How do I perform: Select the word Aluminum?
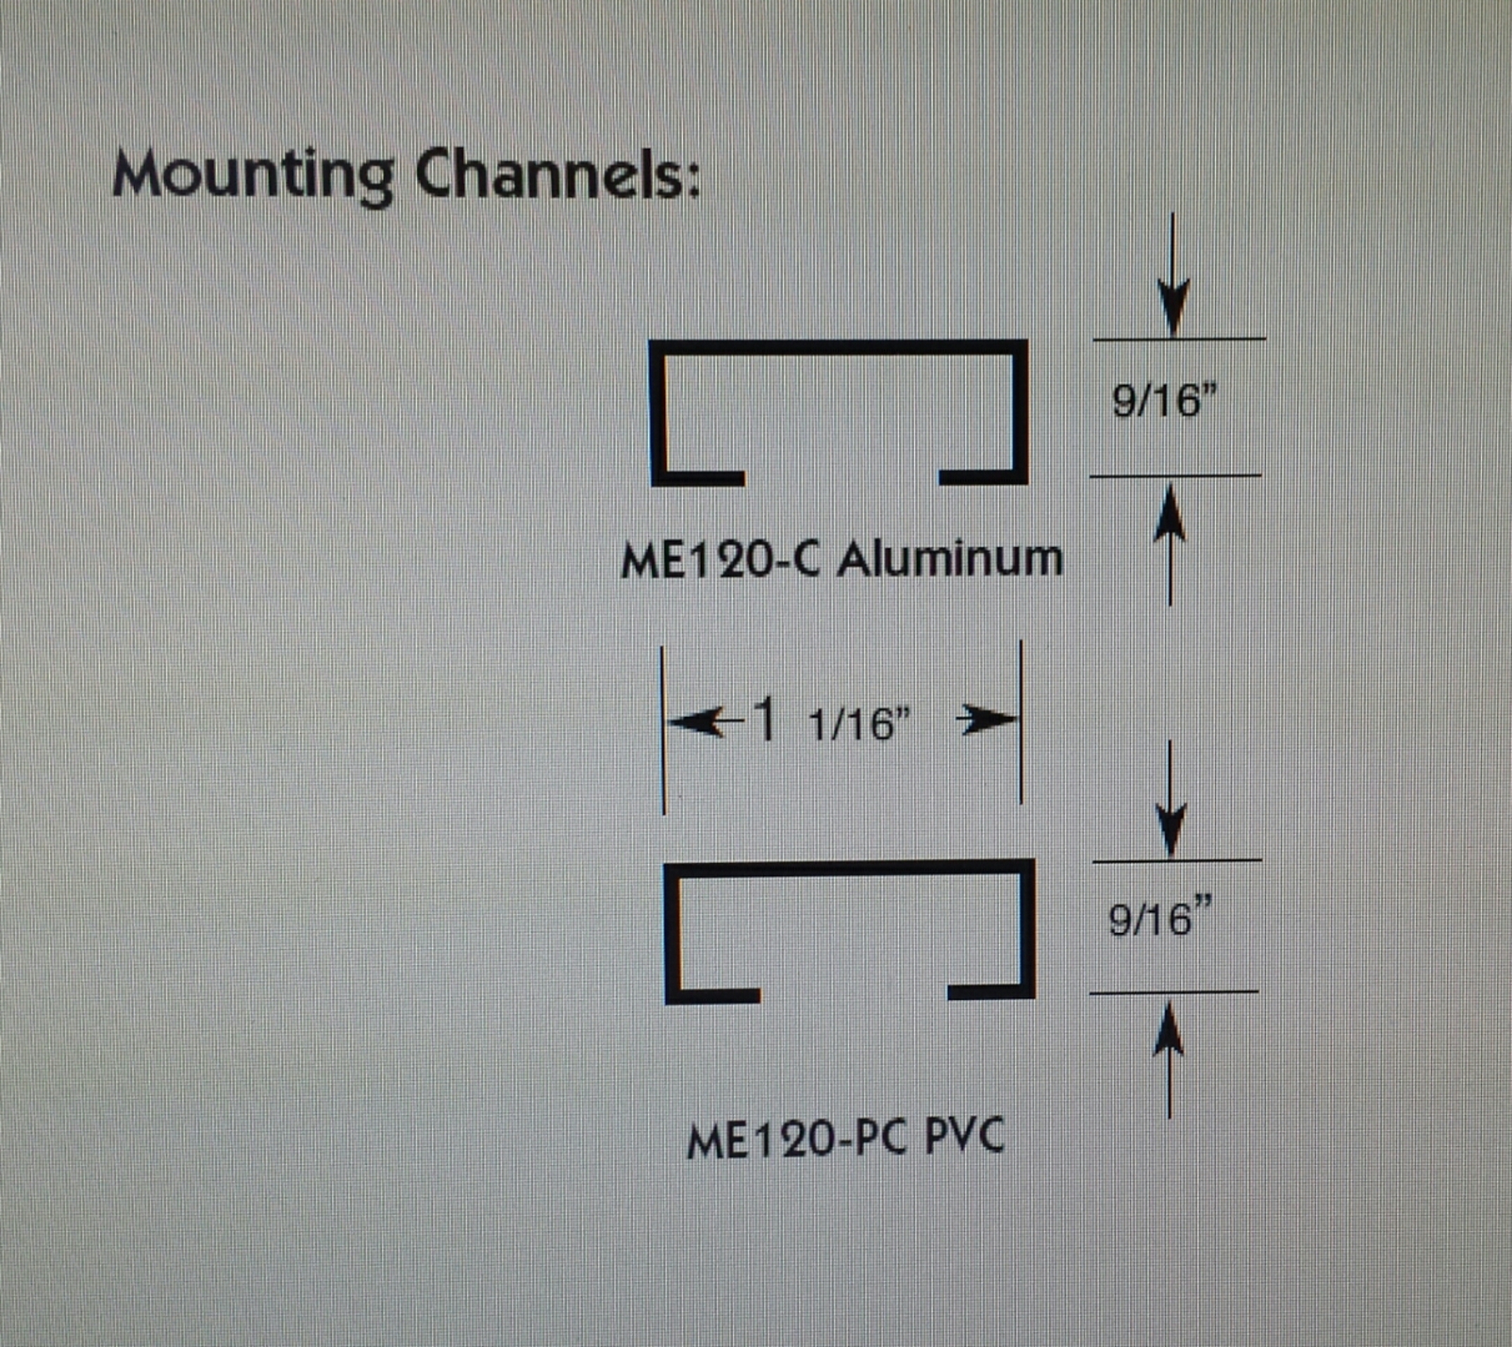[x=951, y=558]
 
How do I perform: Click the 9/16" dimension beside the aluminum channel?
[x=1164, y=403]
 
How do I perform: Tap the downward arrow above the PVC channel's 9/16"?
[x=1170, y=800]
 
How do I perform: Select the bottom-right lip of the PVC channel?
[x=991, y=992]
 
